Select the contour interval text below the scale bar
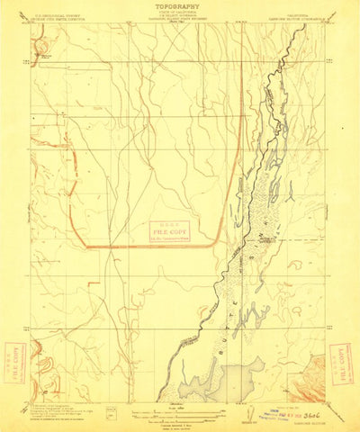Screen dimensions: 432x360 click(180, 419)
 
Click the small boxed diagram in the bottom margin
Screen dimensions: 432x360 click(112, 411)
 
